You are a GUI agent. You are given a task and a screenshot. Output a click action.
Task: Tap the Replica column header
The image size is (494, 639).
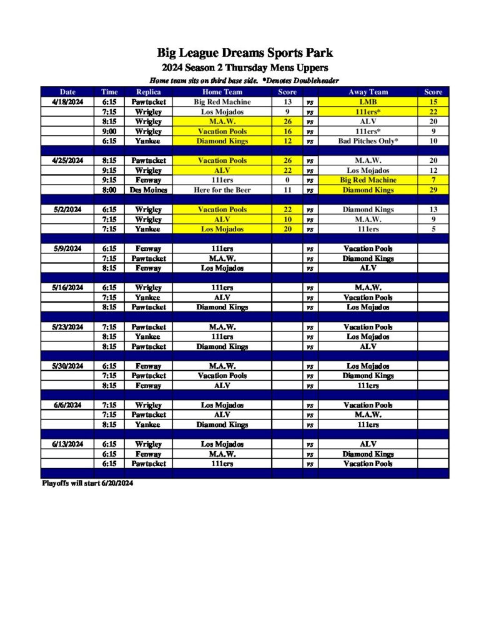(x=148, y=92)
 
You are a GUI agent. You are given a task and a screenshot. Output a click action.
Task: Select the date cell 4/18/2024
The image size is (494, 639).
(x=67, y=102)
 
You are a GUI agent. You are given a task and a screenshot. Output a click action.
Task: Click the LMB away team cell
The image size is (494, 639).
(x=368, y=102)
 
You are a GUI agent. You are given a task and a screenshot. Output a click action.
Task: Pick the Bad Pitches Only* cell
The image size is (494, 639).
(x=368, y=141)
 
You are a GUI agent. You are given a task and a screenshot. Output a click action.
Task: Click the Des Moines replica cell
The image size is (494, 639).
(x=148, y=190)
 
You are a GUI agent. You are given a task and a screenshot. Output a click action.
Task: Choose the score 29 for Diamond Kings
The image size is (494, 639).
(x=433, y=190)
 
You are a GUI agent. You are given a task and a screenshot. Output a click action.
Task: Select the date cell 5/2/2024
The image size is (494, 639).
(x=67, y=210)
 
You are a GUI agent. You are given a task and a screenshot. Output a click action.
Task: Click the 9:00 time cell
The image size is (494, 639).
(x=109, y=132)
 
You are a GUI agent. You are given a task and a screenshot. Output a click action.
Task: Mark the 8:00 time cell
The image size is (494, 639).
(x=109, y=190)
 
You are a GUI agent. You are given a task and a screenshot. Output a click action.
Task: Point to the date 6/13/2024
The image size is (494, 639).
(x=67, y=444)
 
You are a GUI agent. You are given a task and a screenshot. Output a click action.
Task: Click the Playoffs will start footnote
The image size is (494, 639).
(x=87, y=483)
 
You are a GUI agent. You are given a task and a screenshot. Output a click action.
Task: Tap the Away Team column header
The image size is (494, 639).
(x=368, y=92)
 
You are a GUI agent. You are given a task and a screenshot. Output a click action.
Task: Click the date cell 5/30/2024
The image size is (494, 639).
(x=67, y=366)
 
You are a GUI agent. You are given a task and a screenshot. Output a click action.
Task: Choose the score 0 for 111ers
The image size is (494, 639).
(x=287, y=180)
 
